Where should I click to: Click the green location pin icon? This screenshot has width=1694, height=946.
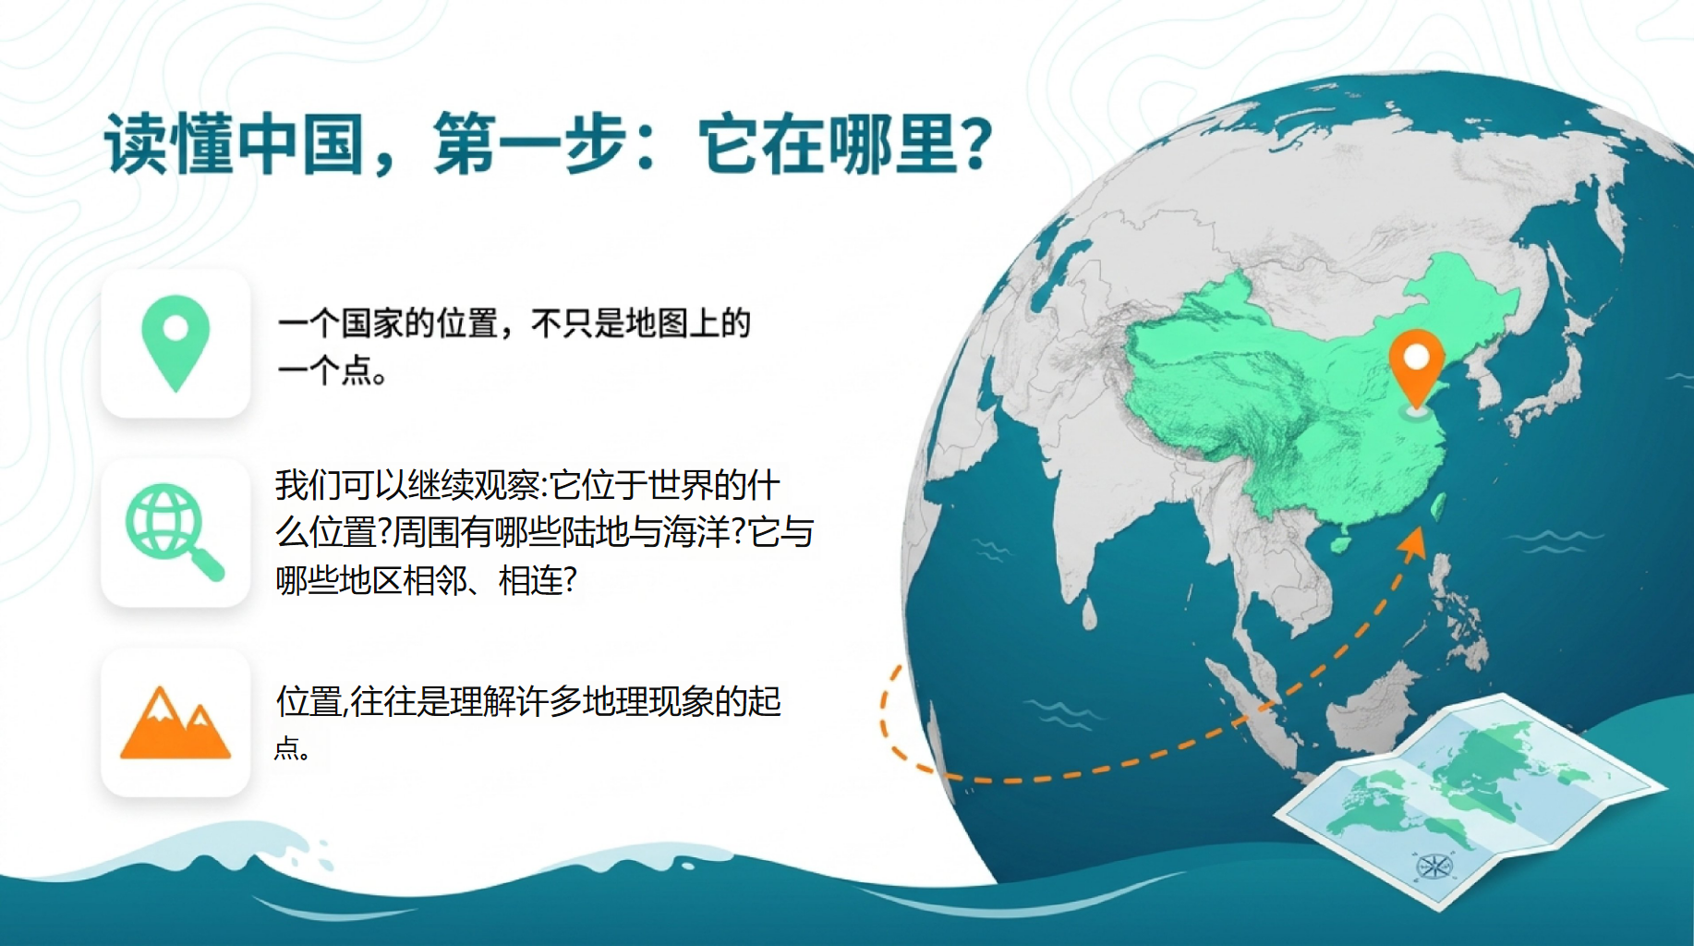pyautogui.click(x=175, y=343)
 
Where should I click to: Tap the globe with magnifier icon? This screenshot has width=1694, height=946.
pyautogui.click(x=175, y=532)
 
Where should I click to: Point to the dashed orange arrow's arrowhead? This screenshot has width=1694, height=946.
pyautogui.click(x=1412, y=543)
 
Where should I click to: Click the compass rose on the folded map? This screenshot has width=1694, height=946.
pyautogui.click(x=1434, y=866)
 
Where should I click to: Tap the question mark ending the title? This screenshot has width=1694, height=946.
pyautogui.click(x=975, y=144)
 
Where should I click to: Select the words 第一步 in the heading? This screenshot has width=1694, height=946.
pyautogui.click(x=530, y=144)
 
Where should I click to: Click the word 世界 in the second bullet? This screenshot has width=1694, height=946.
pyautogui.click(x=679, y=485)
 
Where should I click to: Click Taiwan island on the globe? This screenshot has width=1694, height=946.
pyautogui.click(x=1438, y=504)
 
